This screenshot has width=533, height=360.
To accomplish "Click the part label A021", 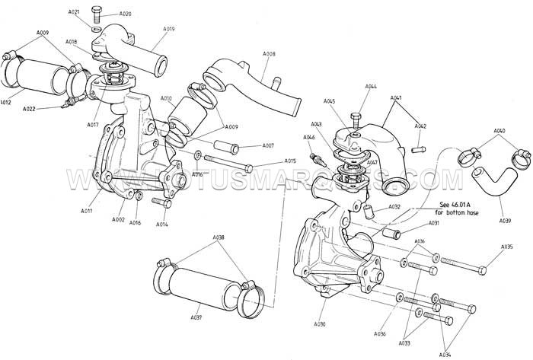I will click(74, 13).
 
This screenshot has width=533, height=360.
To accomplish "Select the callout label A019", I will click(168, 29).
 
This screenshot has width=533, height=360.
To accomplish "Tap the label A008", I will click(269, 54).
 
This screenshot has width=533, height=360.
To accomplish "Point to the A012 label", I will click(6, 101).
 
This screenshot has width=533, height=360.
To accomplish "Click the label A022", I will click(30, 110).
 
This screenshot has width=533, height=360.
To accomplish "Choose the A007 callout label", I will click(267, 145).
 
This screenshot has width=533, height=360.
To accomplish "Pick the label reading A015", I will click(290, 161).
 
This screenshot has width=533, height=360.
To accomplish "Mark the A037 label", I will click(196, 317).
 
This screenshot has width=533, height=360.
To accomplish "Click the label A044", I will click(371, 87).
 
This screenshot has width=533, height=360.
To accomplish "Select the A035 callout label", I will click(507, 247).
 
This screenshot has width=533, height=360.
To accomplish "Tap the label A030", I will click(319, 324).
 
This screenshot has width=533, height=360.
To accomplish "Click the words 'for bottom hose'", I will click(455, 212).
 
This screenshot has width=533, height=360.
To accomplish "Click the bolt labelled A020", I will click(98, 12).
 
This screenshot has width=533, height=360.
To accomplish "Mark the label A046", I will click(309, 137).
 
